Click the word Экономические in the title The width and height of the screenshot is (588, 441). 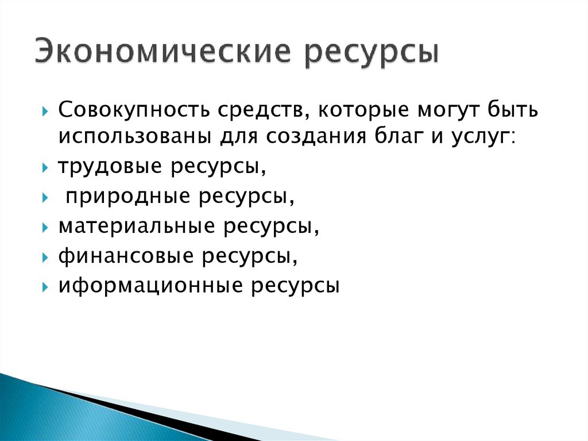pyautogui.click(x=164, y=52)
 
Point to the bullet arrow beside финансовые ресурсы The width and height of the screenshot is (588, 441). pyautogui.click(x=45, y=257)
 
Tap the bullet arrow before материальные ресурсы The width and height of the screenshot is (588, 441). pyautogui.click(x=45, y=227)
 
